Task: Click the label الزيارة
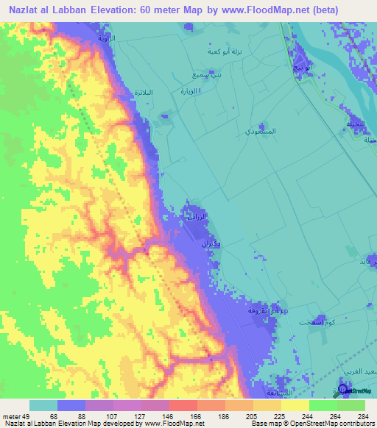[191, 91]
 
